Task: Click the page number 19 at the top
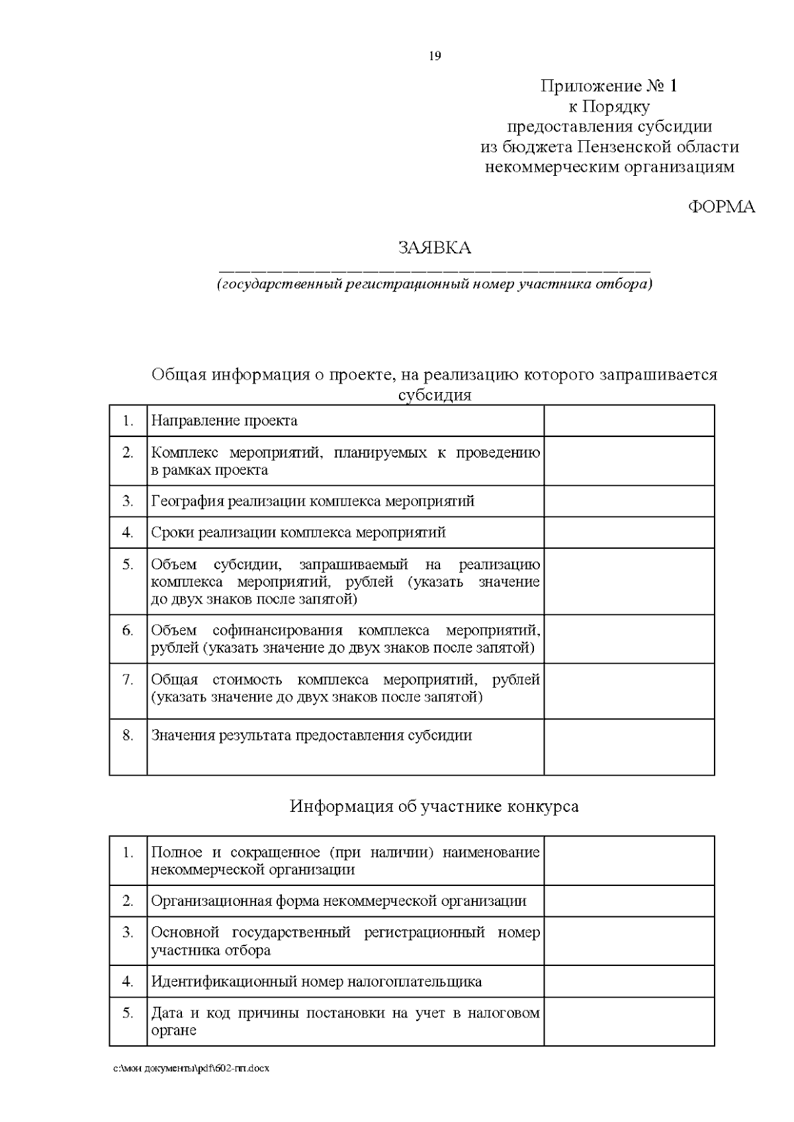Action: coord(435,56)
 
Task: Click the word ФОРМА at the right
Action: coord(721,207)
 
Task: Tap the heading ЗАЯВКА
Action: coord(435,248)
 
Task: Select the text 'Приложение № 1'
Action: coord(609,86)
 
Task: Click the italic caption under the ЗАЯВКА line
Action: coord(435,285)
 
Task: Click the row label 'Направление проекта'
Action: coord(224,421)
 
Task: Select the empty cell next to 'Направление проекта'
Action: coord(629,421)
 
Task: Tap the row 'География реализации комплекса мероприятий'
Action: coord(312,501)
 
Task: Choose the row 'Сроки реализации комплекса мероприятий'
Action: coord(298,532)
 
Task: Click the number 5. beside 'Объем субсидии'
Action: coord(128,565)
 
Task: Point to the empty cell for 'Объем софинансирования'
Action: coord(629,639)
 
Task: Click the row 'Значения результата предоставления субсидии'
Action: coord(311,735)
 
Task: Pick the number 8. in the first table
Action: coord(128,735)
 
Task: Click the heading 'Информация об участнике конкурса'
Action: coord(434,807)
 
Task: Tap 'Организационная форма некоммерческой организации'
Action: coord(339,901)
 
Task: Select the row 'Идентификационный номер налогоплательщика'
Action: coord(316,981)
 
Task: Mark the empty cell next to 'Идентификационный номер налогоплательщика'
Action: coord(629,981)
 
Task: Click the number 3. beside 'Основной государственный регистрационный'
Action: coord(128,932)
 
